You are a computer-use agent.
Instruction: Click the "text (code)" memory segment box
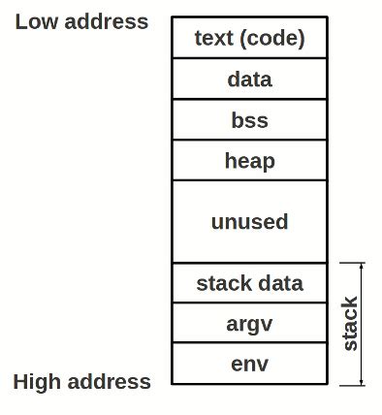[249, 38]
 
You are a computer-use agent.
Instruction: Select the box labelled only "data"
[249, 79]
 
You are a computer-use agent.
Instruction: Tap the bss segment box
[249, 120]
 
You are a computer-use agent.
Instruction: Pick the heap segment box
[249, 160]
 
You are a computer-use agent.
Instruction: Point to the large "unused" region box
[249, 221]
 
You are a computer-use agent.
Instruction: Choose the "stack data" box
[249, 283]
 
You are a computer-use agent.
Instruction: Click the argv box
[249, 323]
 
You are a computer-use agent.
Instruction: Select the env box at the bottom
[249, 365]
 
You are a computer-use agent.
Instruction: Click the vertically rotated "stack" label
[350, 324]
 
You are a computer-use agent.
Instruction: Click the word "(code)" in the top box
[274, 38]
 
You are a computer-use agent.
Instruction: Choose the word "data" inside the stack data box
[280, 283]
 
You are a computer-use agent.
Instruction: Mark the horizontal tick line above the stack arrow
[352, 262]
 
